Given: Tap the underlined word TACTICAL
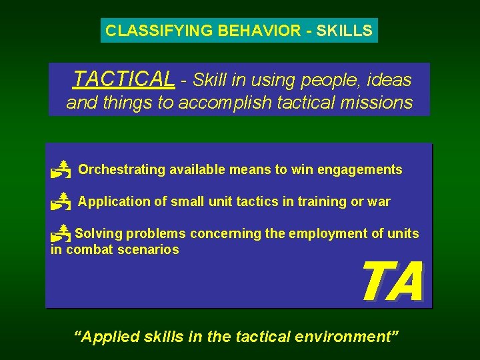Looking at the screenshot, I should [x=124, y=79].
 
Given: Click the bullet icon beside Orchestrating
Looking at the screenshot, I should [x=61, y=170].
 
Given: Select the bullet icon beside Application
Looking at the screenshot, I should [x=61, y=201].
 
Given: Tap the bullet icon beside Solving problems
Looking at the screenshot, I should [x=61, y=233].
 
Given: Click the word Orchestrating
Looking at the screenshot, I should [x=121, y=169].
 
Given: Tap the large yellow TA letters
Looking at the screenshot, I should [x=392, y=283].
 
